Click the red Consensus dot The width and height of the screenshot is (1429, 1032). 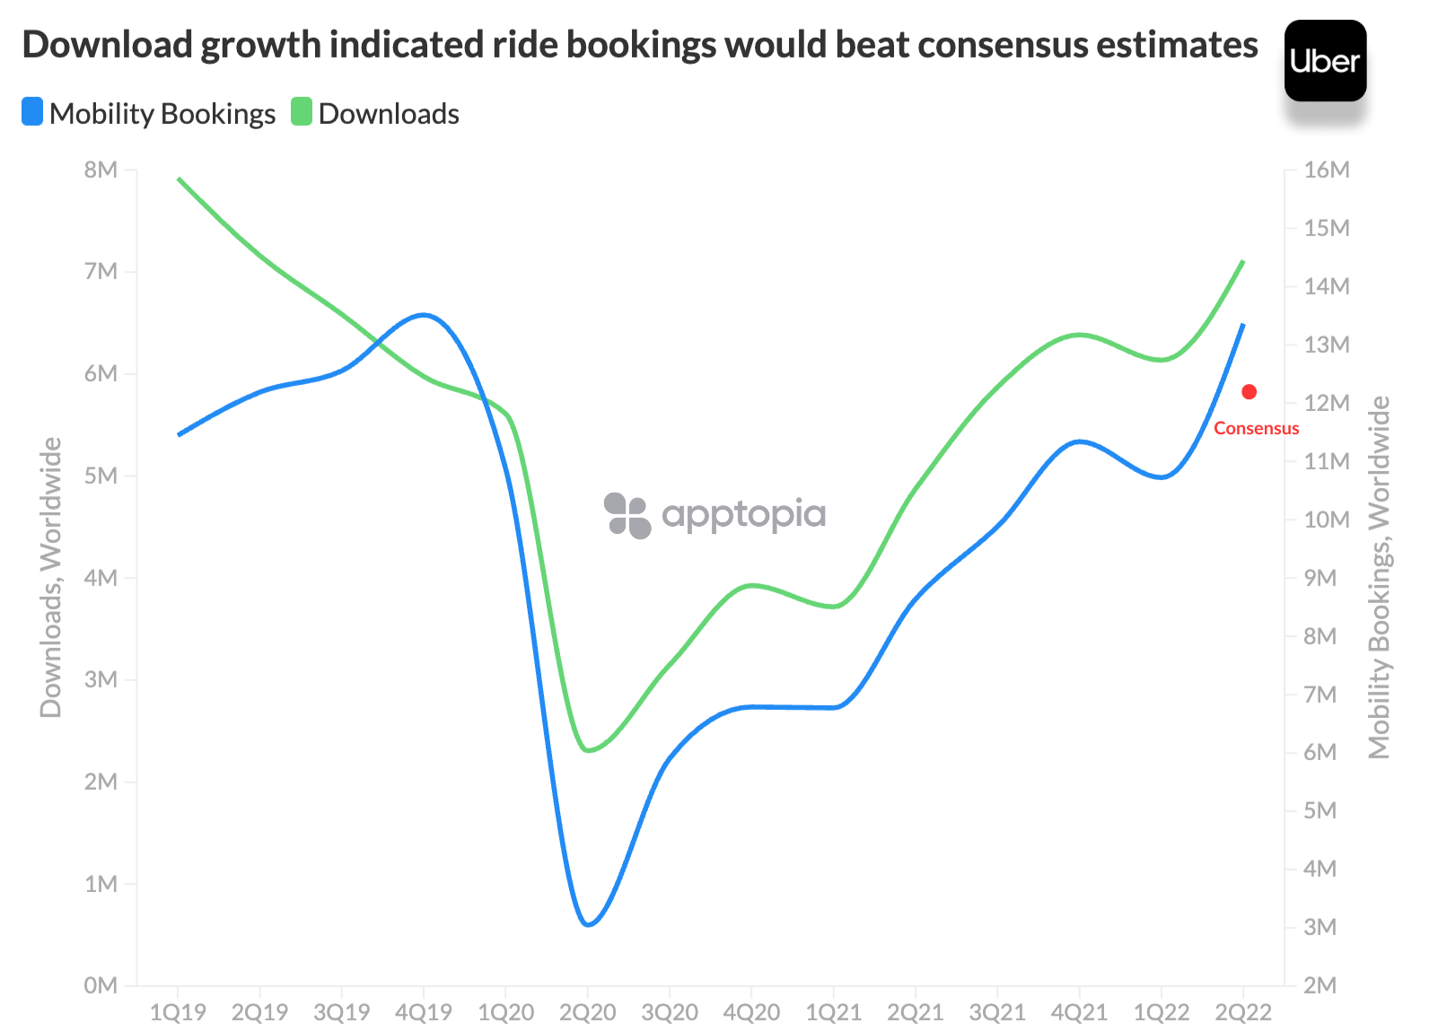tap(1249, 392)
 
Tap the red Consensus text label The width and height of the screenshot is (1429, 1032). tap(1256, 429)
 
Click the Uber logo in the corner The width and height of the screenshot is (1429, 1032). tap(1325, 61)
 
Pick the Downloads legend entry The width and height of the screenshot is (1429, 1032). tap(376, 114)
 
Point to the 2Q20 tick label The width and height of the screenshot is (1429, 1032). tap(587, 1013)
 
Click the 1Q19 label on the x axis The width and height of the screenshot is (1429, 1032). tap(178, 1013)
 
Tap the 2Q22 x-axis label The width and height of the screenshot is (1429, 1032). tap(1243, 1013)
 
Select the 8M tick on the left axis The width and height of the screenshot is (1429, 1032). tap(101, 170)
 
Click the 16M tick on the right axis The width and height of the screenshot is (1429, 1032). tap(1327, 170)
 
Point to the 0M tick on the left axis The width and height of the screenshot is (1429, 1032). tap(101, 985)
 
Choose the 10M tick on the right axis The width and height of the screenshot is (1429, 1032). tap(1327, 520)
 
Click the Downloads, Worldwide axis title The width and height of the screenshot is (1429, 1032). tap(51, 577)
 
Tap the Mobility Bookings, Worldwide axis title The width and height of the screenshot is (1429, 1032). tap(1379, 577)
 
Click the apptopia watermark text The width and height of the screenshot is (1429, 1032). tap(743, 514)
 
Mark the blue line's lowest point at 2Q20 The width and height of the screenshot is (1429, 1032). tap(588, 924)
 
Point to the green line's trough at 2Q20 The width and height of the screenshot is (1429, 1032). tap(588, 750)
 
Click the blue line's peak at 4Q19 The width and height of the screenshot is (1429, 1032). tap(424, 315)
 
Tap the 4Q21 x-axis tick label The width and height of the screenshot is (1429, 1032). tap(1080, 1013)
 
